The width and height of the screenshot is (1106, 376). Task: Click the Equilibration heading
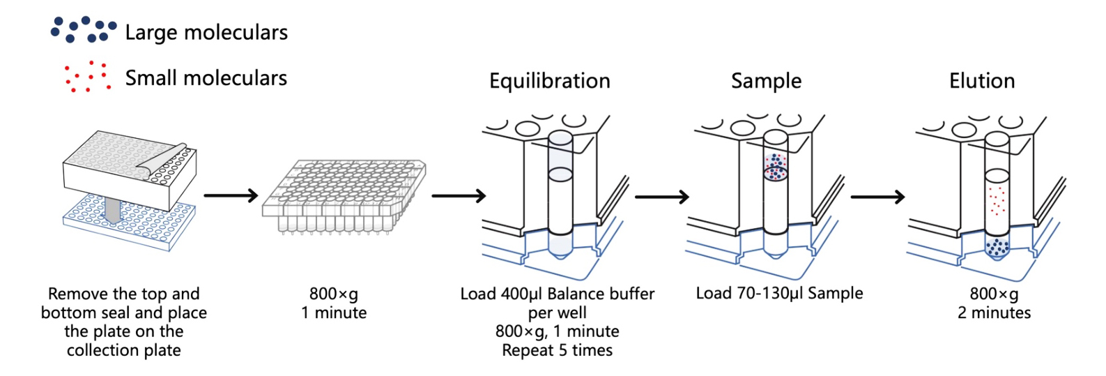click(x=549, y=81)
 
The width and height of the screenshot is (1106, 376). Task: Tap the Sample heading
click(x=766, y=81)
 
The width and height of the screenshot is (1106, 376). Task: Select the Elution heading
click(x=981, y=81)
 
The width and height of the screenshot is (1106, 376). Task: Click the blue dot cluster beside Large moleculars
click(x=83, y=29)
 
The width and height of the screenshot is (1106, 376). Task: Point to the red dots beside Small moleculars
click(x=87, y=76)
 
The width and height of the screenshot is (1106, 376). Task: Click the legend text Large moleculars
click(x=206, y=32)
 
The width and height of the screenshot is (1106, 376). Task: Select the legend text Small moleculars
click(x=206, y=77)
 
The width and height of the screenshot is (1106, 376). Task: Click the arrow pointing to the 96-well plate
click(x=231, y=196)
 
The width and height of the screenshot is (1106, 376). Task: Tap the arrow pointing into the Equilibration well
click(x=459, y=196)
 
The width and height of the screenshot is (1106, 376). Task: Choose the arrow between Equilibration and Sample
click(x=661, y=197)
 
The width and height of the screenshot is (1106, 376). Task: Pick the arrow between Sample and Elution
click(x=877, y=197)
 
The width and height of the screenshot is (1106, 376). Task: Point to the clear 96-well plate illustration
click(x=344, y=196)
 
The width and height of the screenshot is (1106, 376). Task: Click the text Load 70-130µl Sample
click(x=779, y=293)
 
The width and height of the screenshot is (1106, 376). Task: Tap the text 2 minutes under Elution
click(x=994, y=313)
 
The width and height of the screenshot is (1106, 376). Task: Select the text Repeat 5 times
click(x=557, y=350)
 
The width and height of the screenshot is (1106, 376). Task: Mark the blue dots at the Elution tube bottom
click(x=997, y=246)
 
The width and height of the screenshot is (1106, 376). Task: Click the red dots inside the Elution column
click(x=997, y=200)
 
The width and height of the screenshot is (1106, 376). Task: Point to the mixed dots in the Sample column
click(x=776, y=167)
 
